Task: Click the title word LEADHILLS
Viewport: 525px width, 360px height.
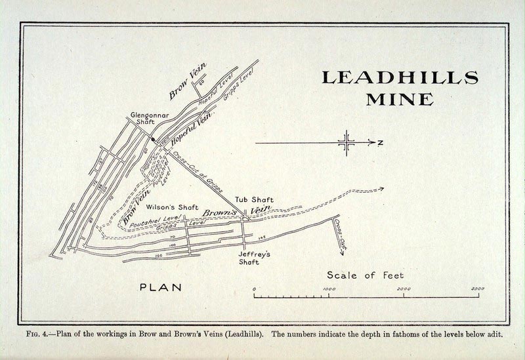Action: point(399,77)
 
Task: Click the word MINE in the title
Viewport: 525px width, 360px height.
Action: point(399,100)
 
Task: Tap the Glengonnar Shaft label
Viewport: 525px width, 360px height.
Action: point(150,119)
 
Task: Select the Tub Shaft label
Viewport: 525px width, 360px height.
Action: point(254,200)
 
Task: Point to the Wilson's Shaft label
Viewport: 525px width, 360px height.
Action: point(172,207)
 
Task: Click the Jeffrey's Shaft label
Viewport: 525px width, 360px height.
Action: point(249,258)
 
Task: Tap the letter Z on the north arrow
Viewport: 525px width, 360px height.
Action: point(380,142)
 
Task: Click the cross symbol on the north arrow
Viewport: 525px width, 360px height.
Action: point(346,142)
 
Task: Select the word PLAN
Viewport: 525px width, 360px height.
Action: point(161,287)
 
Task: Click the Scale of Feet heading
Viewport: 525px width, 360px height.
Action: point(366,275)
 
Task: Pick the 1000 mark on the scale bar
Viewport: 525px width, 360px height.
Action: point(329,289)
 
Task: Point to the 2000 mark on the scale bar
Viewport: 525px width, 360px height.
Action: point(404,289)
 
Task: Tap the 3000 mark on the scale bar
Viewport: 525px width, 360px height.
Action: point(477,289)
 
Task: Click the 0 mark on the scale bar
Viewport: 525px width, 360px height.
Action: point(255,289)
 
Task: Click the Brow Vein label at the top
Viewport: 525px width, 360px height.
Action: point(188,81)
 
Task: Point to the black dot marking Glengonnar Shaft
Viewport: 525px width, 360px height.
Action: point(154,139)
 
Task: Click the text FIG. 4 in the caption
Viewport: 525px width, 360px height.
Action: point(37,334)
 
